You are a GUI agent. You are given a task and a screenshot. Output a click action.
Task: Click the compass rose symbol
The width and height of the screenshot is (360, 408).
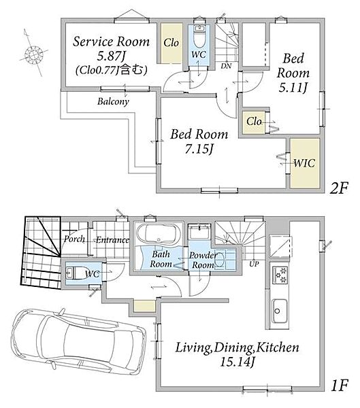coord(33,54)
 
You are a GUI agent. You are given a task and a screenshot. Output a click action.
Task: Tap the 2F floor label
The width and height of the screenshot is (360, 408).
coord(338,188)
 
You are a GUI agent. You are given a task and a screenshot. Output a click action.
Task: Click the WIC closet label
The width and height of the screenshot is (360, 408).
coord(304,163)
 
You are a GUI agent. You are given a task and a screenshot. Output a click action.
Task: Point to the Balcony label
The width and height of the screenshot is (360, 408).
coord(113,101)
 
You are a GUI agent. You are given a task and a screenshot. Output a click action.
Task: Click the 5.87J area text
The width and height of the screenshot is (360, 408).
coord(111,56)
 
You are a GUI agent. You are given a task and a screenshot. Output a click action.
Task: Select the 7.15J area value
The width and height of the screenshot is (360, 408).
coord(199,149)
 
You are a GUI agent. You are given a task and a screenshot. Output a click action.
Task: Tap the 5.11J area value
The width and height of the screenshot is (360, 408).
coord(293,88)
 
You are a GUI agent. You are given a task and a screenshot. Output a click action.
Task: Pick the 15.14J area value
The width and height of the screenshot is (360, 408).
coord(237,362)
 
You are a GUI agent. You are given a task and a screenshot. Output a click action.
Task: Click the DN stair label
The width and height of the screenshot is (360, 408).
coord(226,66)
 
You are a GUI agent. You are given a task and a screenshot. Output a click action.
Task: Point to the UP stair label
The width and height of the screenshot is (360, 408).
coord(254,264)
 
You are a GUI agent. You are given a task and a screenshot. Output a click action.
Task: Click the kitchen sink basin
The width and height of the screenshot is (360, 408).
coord(280,311)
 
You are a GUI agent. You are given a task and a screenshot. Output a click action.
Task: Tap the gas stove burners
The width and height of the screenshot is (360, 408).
coord(280,275)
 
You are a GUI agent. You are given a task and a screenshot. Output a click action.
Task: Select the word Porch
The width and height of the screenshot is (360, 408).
coord(74,239)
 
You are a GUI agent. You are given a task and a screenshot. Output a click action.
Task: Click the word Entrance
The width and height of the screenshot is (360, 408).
coord(112,239)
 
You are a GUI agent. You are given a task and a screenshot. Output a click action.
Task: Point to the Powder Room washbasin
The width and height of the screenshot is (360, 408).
coord(220,260)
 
